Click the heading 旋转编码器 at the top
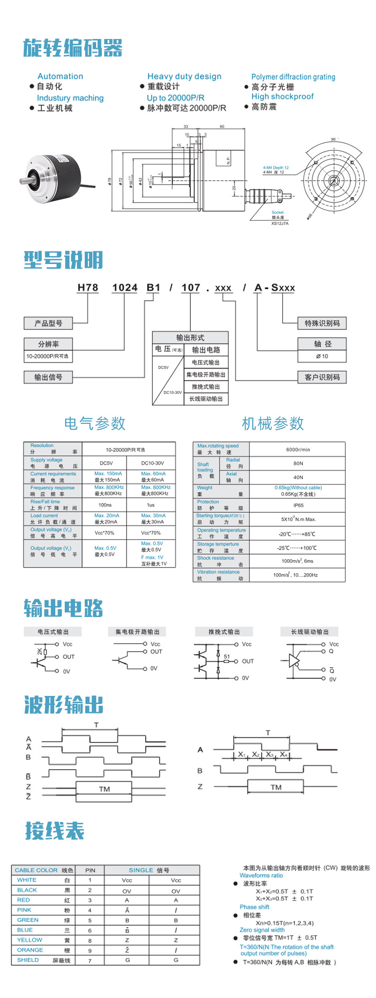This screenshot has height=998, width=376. click(73, 48)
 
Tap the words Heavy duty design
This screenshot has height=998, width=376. click(184, 76)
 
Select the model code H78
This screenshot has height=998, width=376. click(88, 288)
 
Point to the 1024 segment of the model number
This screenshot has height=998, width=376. click(125, 288)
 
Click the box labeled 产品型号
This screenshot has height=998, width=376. click(48, 323)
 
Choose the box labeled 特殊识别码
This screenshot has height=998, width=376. click(322, 323)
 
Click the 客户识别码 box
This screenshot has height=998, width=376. click(322, 377)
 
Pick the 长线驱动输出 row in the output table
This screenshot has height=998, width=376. click(206, 399)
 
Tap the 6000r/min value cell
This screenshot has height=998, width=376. click(298, 449)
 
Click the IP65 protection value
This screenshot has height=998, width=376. click(298, 505)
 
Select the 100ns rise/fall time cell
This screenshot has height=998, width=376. click(105, 505)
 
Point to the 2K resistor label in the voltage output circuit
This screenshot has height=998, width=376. click(39, 651)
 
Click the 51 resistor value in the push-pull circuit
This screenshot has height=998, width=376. click(227, 656)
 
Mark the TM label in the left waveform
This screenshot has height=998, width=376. click(104, 789)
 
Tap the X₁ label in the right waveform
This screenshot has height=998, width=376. click(242, 754)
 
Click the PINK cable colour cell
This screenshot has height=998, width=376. click(24, 910)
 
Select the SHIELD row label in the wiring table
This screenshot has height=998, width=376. click(28, 960)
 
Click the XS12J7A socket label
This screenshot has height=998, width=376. click(280, 223)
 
